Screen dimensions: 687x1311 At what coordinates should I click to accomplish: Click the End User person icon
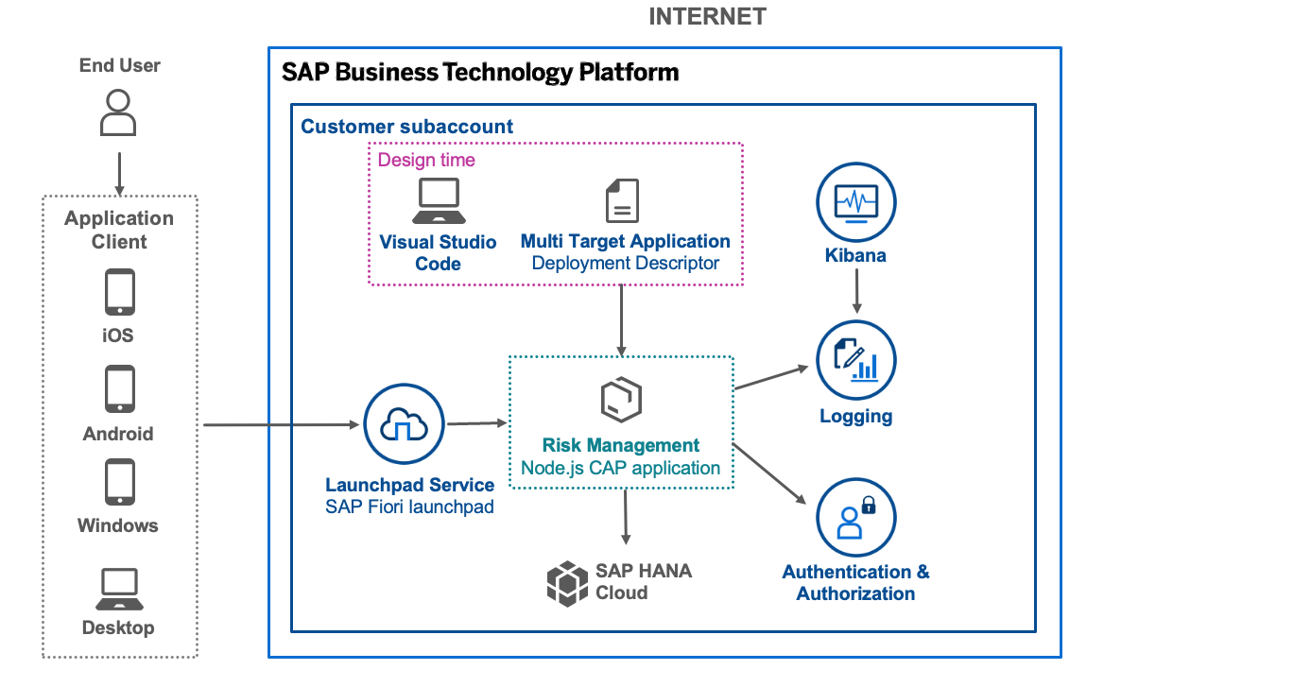tap(118, 112)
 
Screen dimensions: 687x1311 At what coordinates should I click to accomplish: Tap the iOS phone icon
tap(119, 292)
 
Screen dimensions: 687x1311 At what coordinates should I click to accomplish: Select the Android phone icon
tap(119, 389)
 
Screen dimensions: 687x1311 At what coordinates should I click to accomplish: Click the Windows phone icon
tap(119, 483)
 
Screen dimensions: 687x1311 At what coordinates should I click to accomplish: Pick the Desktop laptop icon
tap(119, 590)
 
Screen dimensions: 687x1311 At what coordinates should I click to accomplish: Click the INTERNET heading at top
tap(707, 16)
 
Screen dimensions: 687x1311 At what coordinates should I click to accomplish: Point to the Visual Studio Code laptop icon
tap(438, 201)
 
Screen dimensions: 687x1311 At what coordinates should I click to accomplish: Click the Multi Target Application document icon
tap(622, 201)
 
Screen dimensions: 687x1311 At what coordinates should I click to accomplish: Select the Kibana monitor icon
tap(855, 202)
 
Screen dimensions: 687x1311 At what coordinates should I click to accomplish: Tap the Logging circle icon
tap(855, 361)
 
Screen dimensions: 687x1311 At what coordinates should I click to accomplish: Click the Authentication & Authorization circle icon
tap(855, 517)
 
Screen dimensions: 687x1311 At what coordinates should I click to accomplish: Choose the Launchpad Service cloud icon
tap(404, 424)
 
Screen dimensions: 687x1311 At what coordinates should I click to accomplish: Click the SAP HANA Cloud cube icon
tap(567, 582)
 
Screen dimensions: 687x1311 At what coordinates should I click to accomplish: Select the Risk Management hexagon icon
tap(621, 401)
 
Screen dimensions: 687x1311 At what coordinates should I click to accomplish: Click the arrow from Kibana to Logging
tap(856, 291)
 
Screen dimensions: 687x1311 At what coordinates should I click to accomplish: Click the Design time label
tap(426, 160)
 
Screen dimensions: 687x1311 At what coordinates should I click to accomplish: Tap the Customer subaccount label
tap(406, 126)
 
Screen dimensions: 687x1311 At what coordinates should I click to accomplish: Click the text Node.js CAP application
tap(620, 468)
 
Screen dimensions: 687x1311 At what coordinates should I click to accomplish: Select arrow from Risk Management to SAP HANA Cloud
tap(625, 516)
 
